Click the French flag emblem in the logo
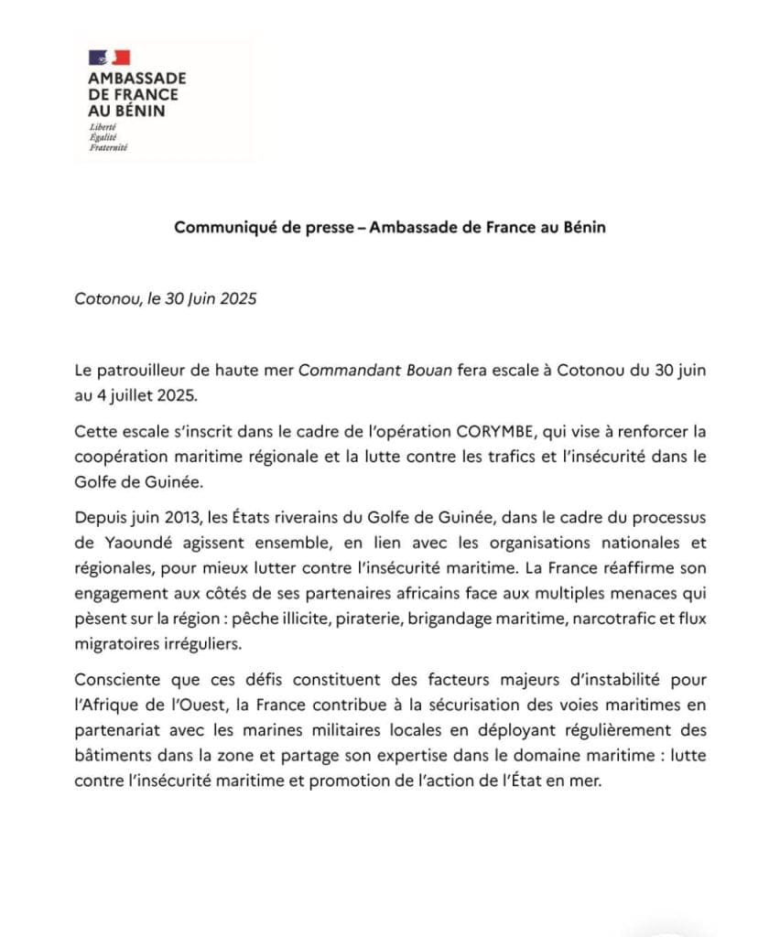pyautogui.click(x=109, y=58)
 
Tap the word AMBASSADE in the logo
pyautogui.click(x=136, y=79)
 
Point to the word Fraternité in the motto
pyautogui.click(x=108, y=146)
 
